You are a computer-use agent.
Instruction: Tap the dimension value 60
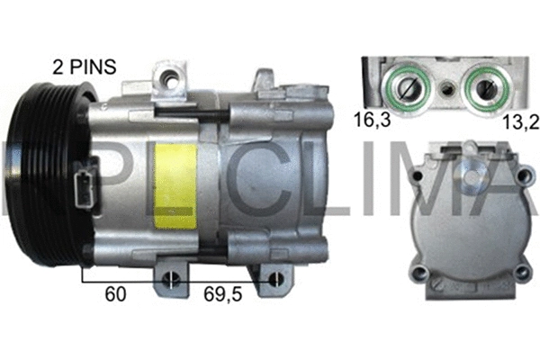pos(114,293)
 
